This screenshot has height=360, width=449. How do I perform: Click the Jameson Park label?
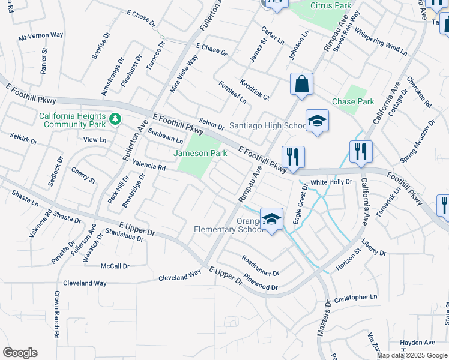click(x=200, y=154)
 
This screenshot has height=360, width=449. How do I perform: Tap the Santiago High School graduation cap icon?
click(x=317, y=121)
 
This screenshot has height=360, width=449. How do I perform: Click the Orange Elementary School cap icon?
click(x=271, y=220)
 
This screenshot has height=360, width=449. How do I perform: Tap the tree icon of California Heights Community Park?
click(x=115, y=120)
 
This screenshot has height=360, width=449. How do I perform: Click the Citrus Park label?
click(x=330, y=5)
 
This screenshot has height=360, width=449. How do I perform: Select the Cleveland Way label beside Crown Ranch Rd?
click(x=86, y=283)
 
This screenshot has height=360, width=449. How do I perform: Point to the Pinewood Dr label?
click(x=261, y=283)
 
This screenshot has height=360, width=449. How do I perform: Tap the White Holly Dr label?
click(x=331, y=181)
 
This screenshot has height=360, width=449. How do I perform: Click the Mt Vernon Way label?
click(x=41, y=36)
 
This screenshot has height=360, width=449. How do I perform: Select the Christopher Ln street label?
click(x=356, y=298)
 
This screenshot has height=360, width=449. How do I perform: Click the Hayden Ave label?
click(x=417, y=343)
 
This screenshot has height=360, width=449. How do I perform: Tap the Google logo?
click(x=20, y=353)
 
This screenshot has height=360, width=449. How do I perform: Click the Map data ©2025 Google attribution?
click(x=411, y=355)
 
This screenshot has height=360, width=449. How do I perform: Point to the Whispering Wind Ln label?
click(x=380, y=38)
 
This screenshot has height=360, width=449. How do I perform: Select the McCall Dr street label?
click(x=115, y=266)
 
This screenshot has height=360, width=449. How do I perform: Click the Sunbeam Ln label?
click(x=166, y=136)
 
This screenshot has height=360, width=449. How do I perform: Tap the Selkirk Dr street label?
click(x=23, y=139)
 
